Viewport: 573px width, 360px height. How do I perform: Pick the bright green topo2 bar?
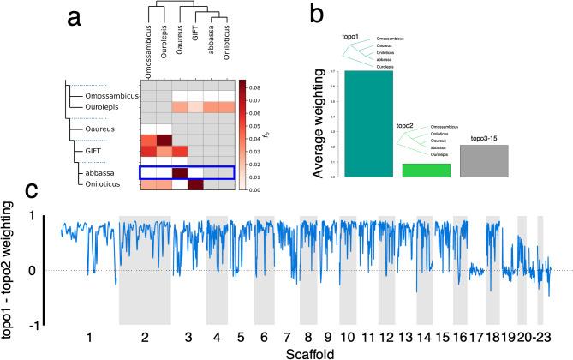(426, 170)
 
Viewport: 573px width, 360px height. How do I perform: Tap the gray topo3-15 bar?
(484, 161)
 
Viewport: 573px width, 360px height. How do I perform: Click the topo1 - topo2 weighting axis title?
(12, 267)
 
